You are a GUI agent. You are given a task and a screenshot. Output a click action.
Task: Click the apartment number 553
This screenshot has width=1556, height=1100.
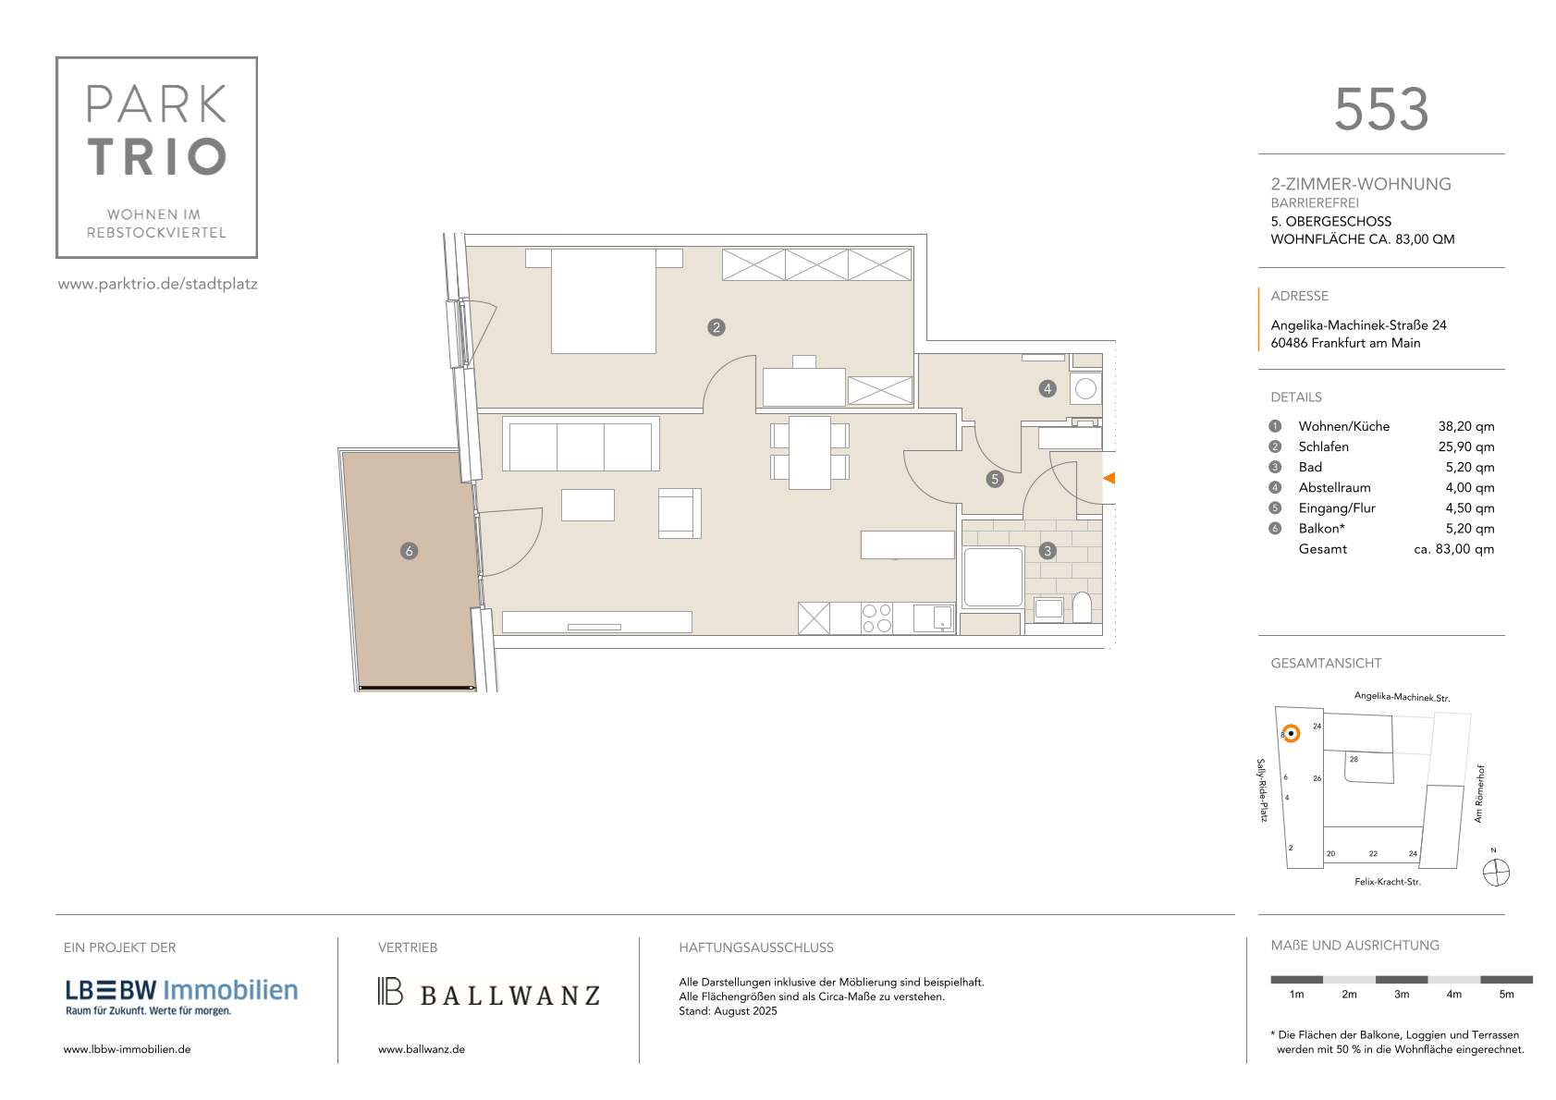pyautogui.click(x=1381, y=110)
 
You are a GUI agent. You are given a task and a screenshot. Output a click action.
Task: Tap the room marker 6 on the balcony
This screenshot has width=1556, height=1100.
pyautogui.click(x=410, y=552)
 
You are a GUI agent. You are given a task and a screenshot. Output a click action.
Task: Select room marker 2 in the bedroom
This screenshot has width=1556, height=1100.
pyautogui.click(x=717, y=327)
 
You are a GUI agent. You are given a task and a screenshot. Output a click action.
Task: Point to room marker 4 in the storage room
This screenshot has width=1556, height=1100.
pyautogui.click(x=1048, y=389)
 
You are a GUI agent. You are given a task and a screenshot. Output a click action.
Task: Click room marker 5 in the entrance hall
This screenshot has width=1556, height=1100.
pyautogui.click(x=995, y=479)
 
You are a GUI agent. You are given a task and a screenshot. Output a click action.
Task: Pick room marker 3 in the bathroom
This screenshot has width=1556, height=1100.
pyautogui.click(x=1048, y=552)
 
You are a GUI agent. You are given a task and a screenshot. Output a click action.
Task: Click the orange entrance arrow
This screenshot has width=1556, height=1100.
pyautogui.click(x=1109, y=478)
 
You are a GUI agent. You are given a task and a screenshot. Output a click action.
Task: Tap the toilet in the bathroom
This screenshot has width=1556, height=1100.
pyautogui.click(x=1083, y=607)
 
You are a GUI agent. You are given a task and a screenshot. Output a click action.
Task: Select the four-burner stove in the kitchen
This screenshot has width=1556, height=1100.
pyautogui.click(x=876, y=618)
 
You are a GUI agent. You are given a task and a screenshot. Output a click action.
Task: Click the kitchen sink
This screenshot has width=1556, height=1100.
pyautogui.click(x=934, y=618)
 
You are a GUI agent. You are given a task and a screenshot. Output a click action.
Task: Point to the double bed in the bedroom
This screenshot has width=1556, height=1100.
pyautogui.click(x=604, y=300)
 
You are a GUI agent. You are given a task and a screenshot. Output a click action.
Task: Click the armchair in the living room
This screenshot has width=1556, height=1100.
pyautogui.click(x=680, y=513)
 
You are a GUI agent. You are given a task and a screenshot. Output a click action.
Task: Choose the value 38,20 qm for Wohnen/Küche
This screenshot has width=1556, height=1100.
pyautogui.click(x=1465, y=426)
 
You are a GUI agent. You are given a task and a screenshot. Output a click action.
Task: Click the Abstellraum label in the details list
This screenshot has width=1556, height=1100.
pyautogui.click(x=1334, y=487)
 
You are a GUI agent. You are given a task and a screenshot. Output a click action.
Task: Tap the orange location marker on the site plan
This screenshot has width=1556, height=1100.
pyautogui.click(x=1291, y=733)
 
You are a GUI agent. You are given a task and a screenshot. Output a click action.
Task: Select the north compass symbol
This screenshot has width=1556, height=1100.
pyautogui.click(x=1496, y=873)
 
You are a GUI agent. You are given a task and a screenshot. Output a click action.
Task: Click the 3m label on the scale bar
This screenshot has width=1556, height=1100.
pyautogui.click(x=1401, y=995)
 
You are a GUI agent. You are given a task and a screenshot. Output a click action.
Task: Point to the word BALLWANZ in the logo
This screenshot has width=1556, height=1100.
pyautogui.click(x=509, y=996)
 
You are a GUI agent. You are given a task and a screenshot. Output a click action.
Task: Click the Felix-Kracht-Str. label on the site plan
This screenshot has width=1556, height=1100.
pyautogui.click(x=1387, y=882)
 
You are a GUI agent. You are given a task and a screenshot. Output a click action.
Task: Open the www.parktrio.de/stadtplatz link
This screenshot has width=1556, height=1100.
pyautogui.click(x=158, y=284)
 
